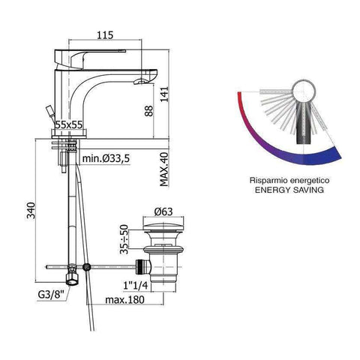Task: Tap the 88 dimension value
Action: [149, 111]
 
